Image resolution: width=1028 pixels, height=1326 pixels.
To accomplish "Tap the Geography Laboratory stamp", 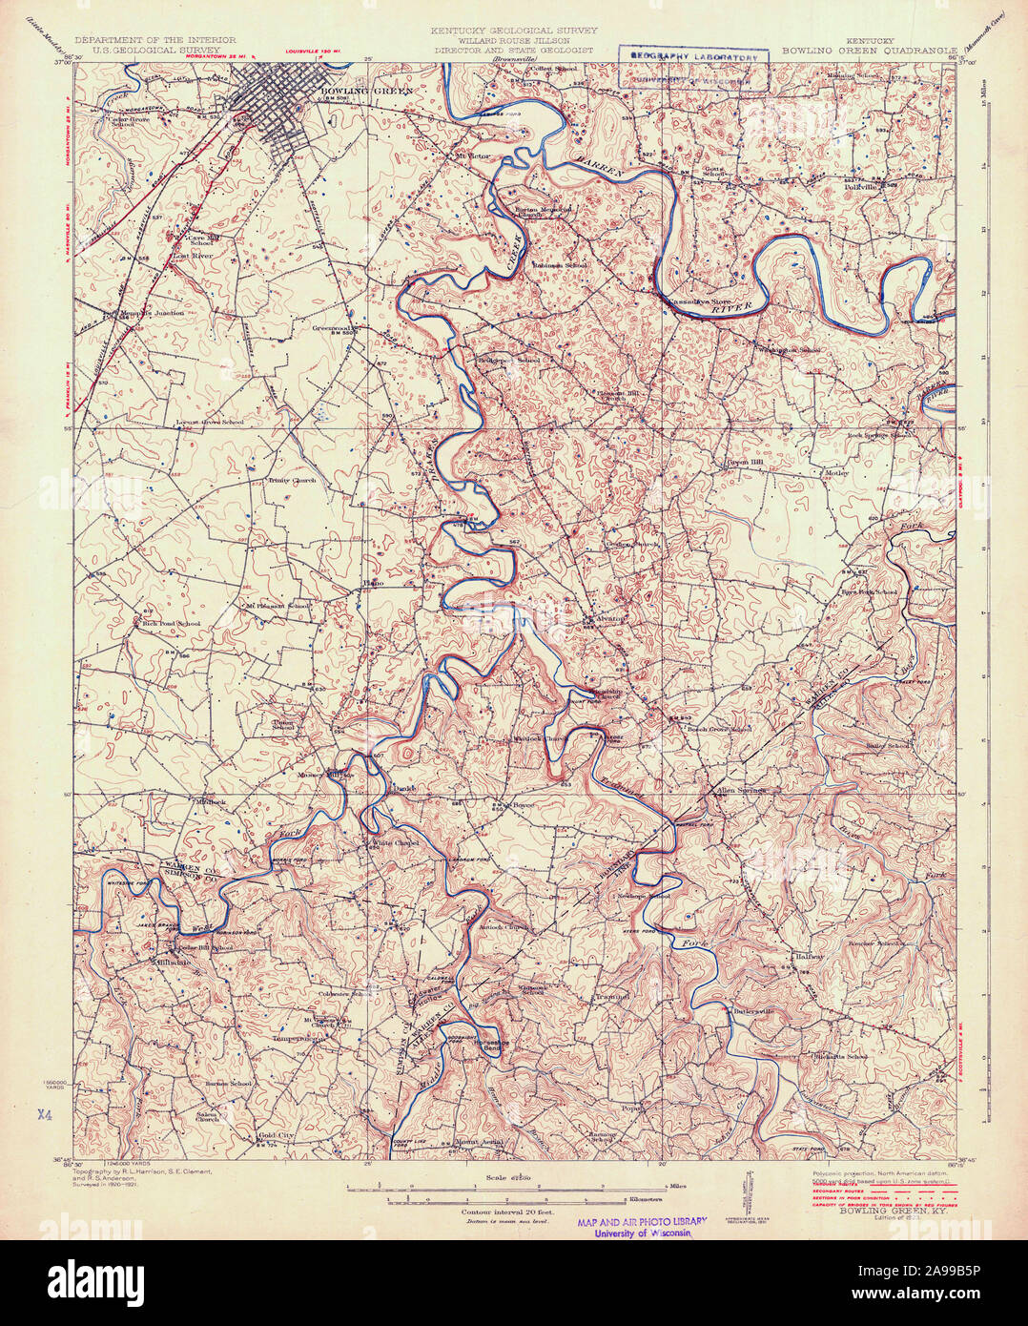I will (692, 57).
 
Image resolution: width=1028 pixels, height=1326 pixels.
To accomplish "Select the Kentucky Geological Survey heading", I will (514, 31).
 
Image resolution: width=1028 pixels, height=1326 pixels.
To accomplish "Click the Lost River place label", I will (191, 256).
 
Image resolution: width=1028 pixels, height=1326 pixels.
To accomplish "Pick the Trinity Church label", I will (292, 481).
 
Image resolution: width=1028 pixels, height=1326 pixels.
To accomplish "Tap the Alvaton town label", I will (611, 618).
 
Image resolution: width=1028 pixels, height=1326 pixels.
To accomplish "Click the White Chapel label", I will (395, 843).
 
